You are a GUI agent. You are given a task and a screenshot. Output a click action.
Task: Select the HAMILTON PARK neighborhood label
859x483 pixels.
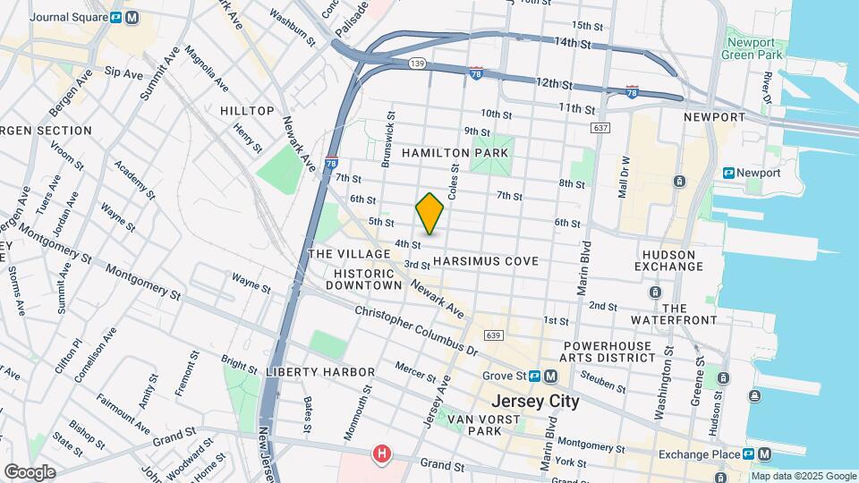click(455, 153)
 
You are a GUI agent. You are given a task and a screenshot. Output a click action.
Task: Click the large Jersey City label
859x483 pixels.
click(535, 402)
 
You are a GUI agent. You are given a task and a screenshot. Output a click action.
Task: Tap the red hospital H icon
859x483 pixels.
click(382, 454)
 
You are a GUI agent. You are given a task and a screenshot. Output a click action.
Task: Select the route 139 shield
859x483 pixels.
click(417, 64)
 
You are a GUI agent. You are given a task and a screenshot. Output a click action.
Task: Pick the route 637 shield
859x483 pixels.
click(600, 129)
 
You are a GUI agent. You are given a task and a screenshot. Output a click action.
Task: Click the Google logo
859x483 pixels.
click(30, 471)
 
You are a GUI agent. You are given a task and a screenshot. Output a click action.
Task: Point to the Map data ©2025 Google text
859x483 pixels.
click(803, 476)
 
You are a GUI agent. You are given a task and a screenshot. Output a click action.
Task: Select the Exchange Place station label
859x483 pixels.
click(702, 454)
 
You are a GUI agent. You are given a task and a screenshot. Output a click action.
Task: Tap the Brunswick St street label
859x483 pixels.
click(389, 139)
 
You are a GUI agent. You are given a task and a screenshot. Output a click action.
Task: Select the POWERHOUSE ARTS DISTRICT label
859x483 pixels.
click(608, 351)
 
